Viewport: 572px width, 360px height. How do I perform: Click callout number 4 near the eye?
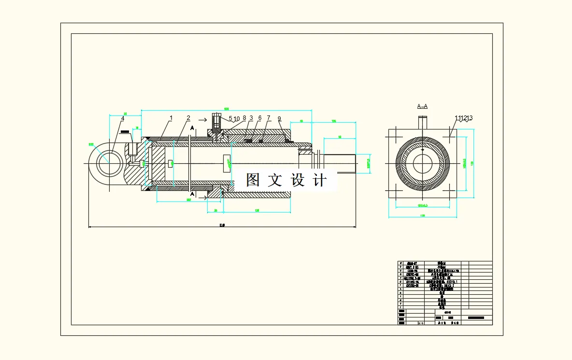[x=123, y=118]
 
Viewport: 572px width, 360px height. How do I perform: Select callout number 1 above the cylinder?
[x=171, y=118]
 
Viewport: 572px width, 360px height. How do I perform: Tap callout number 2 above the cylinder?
[x=188, y=118]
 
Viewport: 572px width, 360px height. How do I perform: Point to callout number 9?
[x=279, y=118]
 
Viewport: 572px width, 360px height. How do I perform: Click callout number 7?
[x=269, y=118]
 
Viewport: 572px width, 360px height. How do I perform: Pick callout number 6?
[x=260, y=118]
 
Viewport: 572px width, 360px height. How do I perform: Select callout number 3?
[x=251, y=118]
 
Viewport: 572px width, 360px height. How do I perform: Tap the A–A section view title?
[x=422, y=106]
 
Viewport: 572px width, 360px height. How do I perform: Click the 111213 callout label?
[x=463, y=118]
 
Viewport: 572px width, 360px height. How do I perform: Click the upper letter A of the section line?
[x=192, y=128]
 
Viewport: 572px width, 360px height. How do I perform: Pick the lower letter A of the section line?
[x=192, y=194]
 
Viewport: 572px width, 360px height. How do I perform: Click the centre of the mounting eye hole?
[x=109, y=163]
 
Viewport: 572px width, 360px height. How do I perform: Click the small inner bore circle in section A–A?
[x=422, y=163]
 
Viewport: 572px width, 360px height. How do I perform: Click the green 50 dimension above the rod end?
[x=340, y=137]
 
